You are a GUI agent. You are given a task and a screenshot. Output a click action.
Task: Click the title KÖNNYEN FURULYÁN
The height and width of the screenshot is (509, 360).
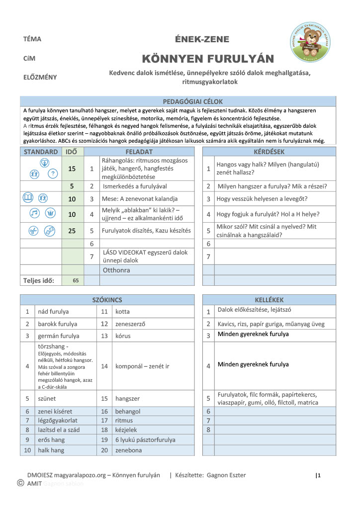208,59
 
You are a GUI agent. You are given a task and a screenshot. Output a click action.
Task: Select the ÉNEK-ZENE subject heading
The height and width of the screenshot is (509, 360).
202,39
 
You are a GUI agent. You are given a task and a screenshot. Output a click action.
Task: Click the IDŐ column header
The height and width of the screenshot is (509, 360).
72,152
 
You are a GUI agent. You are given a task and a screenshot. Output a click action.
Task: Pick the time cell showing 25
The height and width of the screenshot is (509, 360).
72,231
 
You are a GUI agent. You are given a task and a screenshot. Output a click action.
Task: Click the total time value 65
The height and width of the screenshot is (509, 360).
76,280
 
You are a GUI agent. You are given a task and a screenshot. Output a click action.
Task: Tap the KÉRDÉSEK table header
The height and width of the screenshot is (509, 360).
269,152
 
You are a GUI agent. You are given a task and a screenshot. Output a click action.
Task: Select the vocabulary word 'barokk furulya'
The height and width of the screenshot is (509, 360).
58,324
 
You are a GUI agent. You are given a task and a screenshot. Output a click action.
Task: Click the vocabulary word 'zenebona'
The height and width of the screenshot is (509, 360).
129,450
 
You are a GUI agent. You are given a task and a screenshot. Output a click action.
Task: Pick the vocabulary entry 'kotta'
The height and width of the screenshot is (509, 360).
122,312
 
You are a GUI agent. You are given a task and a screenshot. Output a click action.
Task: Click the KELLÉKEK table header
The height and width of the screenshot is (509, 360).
269,300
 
